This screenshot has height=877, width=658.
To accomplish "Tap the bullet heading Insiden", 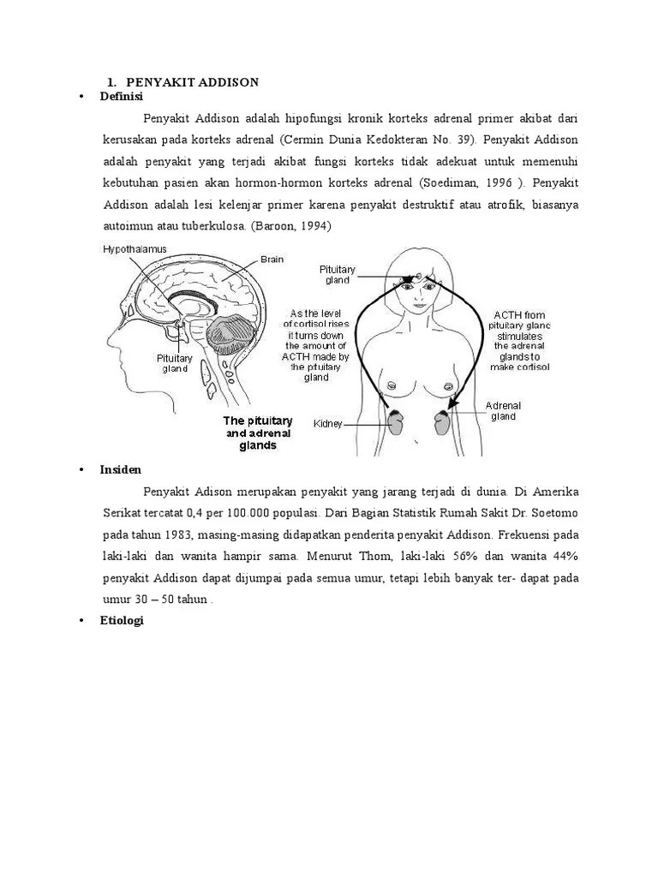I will pos(120,470).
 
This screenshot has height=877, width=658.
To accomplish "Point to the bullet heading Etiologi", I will pos(122,621).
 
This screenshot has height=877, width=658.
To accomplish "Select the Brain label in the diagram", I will pos(272,259).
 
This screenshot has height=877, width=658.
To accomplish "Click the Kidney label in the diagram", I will pos(328,423).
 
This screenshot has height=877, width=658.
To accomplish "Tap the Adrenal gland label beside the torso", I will pos(503,410).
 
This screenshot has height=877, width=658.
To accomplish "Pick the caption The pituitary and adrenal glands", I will pos(258,433).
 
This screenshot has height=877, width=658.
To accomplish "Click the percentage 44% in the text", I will pos(562,557).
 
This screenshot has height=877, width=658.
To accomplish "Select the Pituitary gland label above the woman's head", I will pos(338,274).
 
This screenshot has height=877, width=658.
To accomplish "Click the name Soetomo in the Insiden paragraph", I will pos(552,513).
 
